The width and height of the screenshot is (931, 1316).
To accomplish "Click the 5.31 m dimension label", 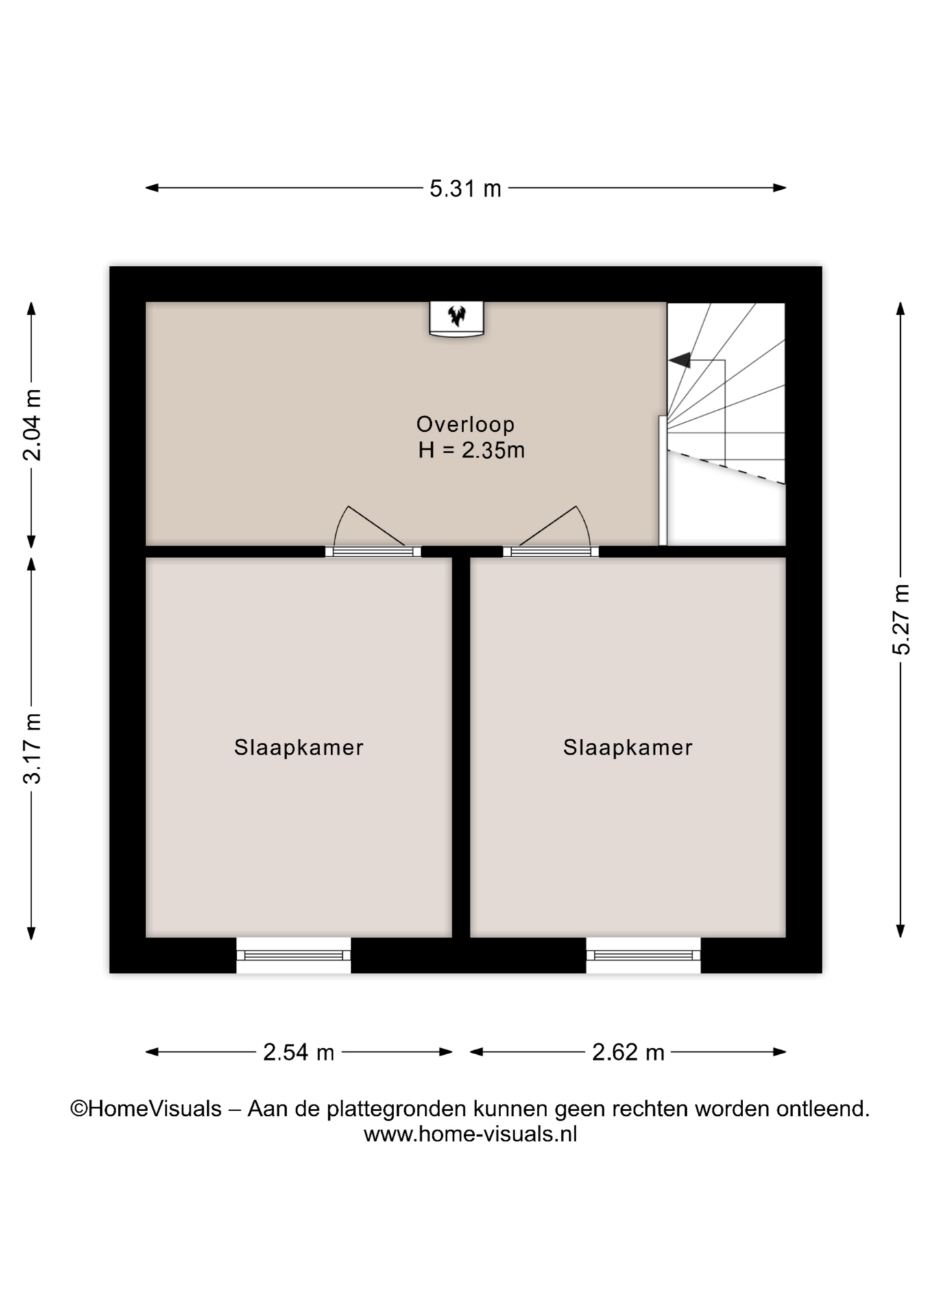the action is click(465, 188).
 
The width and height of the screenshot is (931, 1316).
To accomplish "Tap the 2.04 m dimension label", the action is click(32, 425).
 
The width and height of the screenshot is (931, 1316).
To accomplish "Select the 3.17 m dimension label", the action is click(32, 748).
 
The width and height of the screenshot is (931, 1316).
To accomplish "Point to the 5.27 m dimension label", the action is click(901, 620).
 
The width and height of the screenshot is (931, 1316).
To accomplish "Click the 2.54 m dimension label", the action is click(298, 1052).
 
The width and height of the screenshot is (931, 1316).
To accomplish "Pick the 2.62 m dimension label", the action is click(628, 1052).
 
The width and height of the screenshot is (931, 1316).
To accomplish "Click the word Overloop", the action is click(465, 424).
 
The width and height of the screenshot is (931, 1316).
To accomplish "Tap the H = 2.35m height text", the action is click(472, 450).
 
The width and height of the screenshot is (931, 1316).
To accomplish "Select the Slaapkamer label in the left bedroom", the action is click(299, 747).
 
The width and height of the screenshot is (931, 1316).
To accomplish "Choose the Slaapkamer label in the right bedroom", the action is click(628, 747).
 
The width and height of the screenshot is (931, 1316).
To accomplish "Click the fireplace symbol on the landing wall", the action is click(457, 318).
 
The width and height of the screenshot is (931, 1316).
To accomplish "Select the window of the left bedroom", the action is click(293, 955).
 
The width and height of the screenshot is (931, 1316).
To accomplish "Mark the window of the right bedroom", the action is click(643, 955).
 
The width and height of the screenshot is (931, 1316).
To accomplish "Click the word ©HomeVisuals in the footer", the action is click(146, 1109).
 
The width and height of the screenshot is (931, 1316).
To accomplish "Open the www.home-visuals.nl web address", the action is click(470, 1134).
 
